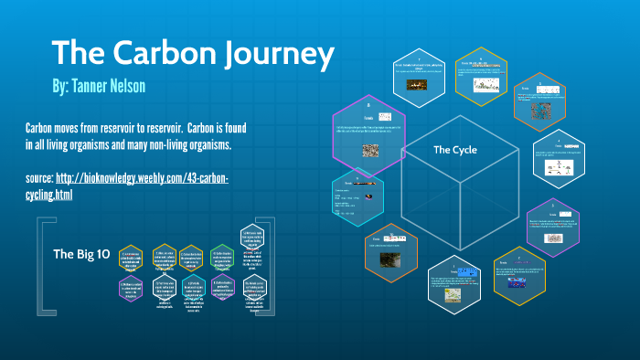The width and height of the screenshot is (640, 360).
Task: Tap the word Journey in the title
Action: tap(275, 53)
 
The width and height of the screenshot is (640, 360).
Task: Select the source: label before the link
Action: tap(45, 178)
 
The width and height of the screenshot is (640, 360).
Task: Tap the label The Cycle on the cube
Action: tap(453, 149)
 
